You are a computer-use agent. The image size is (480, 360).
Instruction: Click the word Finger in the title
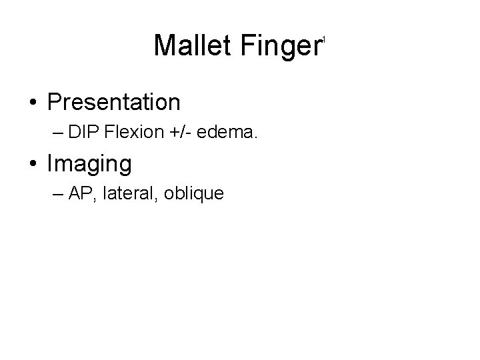point(281,45)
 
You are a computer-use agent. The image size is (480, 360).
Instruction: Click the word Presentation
point(114,102)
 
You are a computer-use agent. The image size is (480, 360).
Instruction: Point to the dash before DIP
point(58,133)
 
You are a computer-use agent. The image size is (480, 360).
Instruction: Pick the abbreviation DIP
point(81,132)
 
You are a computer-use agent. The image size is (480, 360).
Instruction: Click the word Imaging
point(89,163)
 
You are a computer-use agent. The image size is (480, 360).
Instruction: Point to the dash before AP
point(58,194)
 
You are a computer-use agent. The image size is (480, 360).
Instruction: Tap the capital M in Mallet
point(165,45)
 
